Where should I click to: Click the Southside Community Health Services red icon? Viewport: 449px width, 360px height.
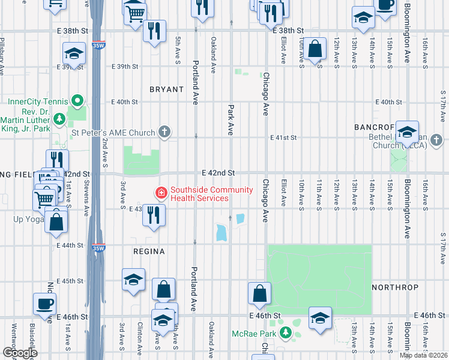tap(161, 193)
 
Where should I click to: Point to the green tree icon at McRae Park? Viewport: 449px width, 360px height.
tap(287, 332)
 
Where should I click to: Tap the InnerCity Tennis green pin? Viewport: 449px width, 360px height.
tap(77, 100)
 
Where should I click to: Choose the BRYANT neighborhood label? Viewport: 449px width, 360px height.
tap(166, 89)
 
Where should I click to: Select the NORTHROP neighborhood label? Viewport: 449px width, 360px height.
tap(394, 287)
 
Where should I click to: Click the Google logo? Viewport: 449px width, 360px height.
tap(20, 352)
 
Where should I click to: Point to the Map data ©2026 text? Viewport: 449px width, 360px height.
tap(423, 355)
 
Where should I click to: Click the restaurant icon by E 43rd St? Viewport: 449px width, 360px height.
tap(154, 214)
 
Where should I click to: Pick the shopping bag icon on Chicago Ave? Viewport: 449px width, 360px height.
tap(259, 293)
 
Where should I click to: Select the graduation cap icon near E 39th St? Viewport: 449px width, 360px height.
tap(74, 54)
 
